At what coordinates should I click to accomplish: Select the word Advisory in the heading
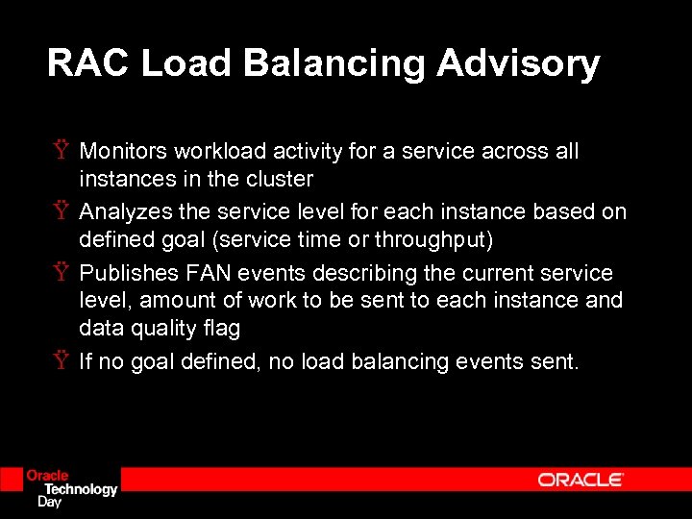(x=518, y=63)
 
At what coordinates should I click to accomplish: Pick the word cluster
(x=280, y=179)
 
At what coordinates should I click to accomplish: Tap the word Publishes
(x=124, y=273)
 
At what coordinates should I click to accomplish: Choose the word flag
(x=220, y=328)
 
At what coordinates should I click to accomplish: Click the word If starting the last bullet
(x=86, y=361)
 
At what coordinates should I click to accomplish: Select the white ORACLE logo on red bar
(x=581, y=480)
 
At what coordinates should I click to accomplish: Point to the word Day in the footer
(x=48, y=501)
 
